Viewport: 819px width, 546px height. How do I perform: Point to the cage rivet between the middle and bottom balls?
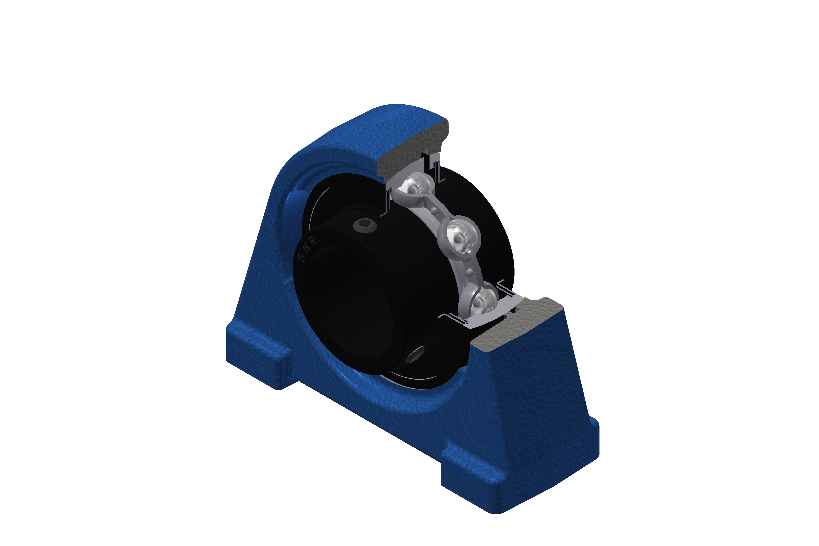pyautogui.click(x=470, y=271)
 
